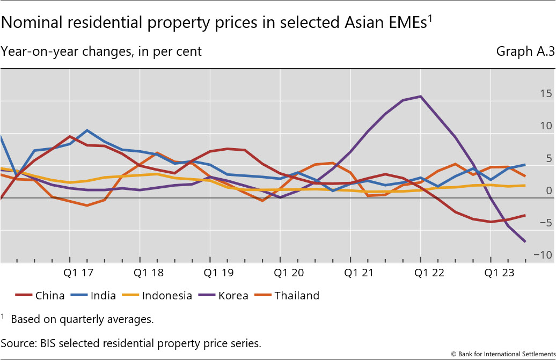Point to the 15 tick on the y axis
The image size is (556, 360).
coord(546,94)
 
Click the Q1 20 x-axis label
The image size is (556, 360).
coord(290,273)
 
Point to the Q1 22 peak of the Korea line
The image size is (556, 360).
coord(421,97)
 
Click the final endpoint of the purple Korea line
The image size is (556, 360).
coord(525,241)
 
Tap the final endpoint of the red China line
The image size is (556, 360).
coord(525,215)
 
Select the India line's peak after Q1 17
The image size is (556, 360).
coord(87,130)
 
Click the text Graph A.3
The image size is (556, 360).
coord(525,52)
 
